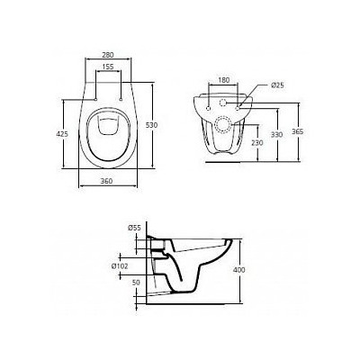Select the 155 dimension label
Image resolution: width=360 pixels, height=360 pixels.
pos(106,68)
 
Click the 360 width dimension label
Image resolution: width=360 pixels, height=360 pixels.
pos(106,182)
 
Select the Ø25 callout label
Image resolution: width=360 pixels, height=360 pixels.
pos(276,85)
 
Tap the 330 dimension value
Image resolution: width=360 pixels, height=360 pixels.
pos(288,133)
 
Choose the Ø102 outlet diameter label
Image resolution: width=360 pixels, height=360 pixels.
pos(127,267)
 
